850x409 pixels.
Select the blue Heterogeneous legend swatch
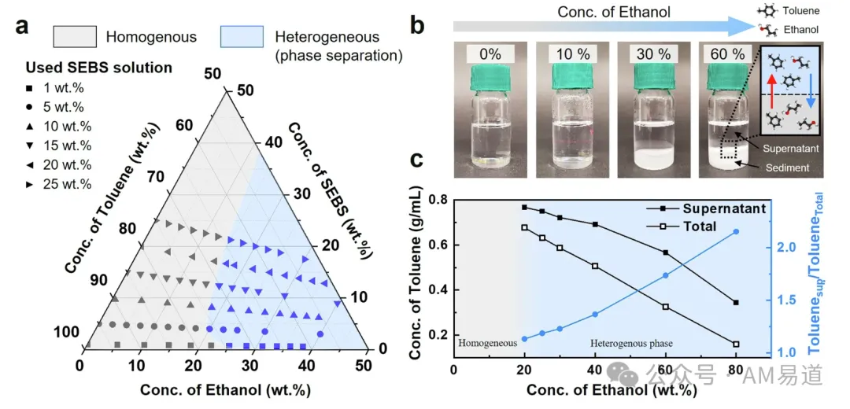(242, 37)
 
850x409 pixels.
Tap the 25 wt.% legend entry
(66, 184)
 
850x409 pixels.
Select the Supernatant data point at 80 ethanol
(736, 303)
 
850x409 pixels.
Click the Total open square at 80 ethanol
(736, 344)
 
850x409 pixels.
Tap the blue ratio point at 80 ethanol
(736, 231)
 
